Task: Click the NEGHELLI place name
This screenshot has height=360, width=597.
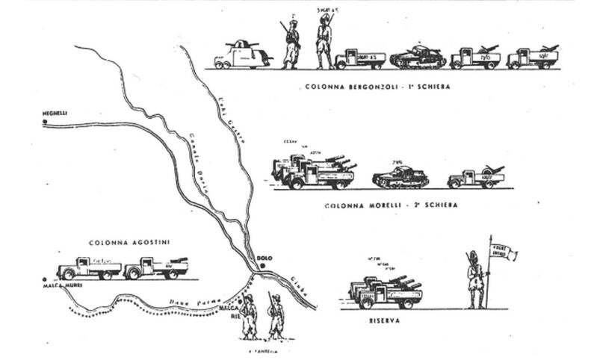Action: point(55,113)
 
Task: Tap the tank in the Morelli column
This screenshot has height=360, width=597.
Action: point(400,176)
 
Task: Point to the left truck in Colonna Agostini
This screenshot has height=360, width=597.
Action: point(88,267)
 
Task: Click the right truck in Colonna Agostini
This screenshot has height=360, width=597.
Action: point(155,267)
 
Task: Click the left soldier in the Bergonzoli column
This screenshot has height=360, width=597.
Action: point(291,45)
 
